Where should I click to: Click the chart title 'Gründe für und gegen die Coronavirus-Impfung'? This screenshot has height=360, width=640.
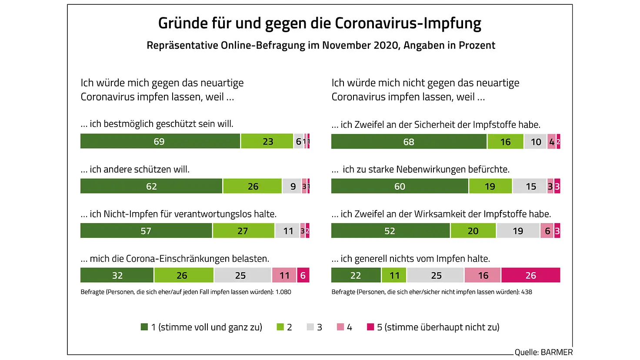click(x=320, y=23)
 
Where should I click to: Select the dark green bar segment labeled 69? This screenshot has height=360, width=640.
click(x=160, y=141)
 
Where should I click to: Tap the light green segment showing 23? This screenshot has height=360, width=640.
click(x=267, y=141)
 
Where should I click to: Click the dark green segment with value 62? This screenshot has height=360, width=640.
click(x=151, y=186)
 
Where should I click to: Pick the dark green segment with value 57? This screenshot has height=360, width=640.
click(x=146, y=231)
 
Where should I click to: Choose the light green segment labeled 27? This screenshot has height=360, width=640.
click(x=243, y=231)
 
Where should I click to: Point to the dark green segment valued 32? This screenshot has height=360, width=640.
click(x=117, y=275)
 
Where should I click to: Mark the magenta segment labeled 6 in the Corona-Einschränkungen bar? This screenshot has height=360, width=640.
click(x=303, y=275)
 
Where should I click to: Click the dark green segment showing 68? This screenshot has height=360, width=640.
click(x=408, y=142)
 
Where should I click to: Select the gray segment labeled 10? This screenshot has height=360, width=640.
click(x=535, y=142)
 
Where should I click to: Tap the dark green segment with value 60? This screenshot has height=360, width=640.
click(x=400, y=186)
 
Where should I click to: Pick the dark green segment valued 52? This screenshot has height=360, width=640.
click(x=390, y=231)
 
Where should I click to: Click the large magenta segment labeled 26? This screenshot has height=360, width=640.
click(x=530, y=275)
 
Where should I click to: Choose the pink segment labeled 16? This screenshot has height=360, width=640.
click(x=483, y=275)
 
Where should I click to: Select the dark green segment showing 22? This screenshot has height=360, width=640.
click(x=356, y=275)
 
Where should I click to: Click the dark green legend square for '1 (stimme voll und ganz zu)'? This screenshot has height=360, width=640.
click(x=144, y=327)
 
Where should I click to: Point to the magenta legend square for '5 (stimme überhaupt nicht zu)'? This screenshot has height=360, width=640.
click(x=370, y=327)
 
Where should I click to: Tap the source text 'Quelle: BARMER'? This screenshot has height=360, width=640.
click(x=543, y=352)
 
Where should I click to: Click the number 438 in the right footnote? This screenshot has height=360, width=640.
click(x=526, y=292)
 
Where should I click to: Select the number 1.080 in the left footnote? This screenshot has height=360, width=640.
click(x=283, y=292)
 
